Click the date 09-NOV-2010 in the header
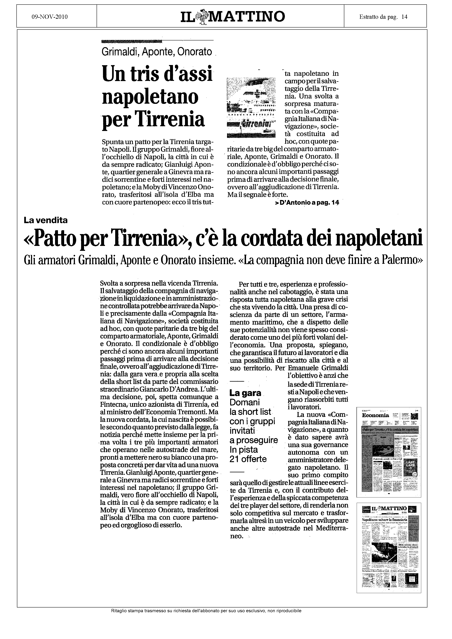point(50,17)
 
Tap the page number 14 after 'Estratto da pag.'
point(404,17)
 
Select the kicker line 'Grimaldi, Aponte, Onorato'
point(157,52)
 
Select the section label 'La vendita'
point(46,220)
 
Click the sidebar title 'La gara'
point(245,393)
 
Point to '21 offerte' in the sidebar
point(248,459)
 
